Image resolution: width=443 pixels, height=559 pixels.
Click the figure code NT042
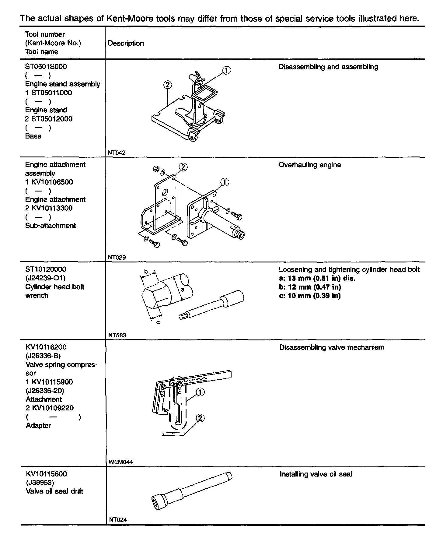pyautogui.click(x=117, y=153)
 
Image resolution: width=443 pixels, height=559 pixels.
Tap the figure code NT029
pyautogui.click(x=117, y=257)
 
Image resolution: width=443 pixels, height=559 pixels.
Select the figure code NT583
pyautogui.click(x=117, y=335)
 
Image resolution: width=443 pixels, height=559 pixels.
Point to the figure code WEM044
pyautogui.click(x=120, y=462)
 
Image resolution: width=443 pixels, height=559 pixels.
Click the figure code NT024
pyautogui.click(x=118, y=519)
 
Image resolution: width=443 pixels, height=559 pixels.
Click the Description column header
pyautogui.click(x=126, y=43)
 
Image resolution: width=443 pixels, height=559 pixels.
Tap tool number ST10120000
pyautogui.click(x=46, y=269)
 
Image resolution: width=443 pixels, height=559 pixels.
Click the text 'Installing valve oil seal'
pyautogui.click(x=316, y=474)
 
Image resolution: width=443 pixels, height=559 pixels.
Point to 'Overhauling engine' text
pyautogui.click(x=310, y=165)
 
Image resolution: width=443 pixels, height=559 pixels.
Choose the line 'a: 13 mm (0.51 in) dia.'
pyautogui.click(x=317, y=278)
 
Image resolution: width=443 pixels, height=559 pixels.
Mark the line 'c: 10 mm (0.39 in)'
pyautogui.click(x=310, y=296)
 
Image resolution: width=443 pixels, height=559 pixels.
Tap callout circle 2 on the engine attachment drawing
pyautogui.click(x=183, y=167)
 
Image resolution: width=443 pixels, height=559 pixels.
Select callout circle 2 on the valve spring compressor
pyautogui.click(x=200, y=418)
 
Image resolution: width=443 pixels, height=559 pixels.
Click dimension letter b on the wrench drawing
pyautogui.click(x=146, y=271)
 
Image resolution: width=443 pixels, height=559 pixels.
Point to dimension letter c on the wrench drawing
pyautogui.click(x=158, y=322)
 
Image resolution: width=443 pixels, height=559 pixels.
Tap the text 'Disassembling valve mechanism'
pyautogui.click(x=332, y=347)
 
